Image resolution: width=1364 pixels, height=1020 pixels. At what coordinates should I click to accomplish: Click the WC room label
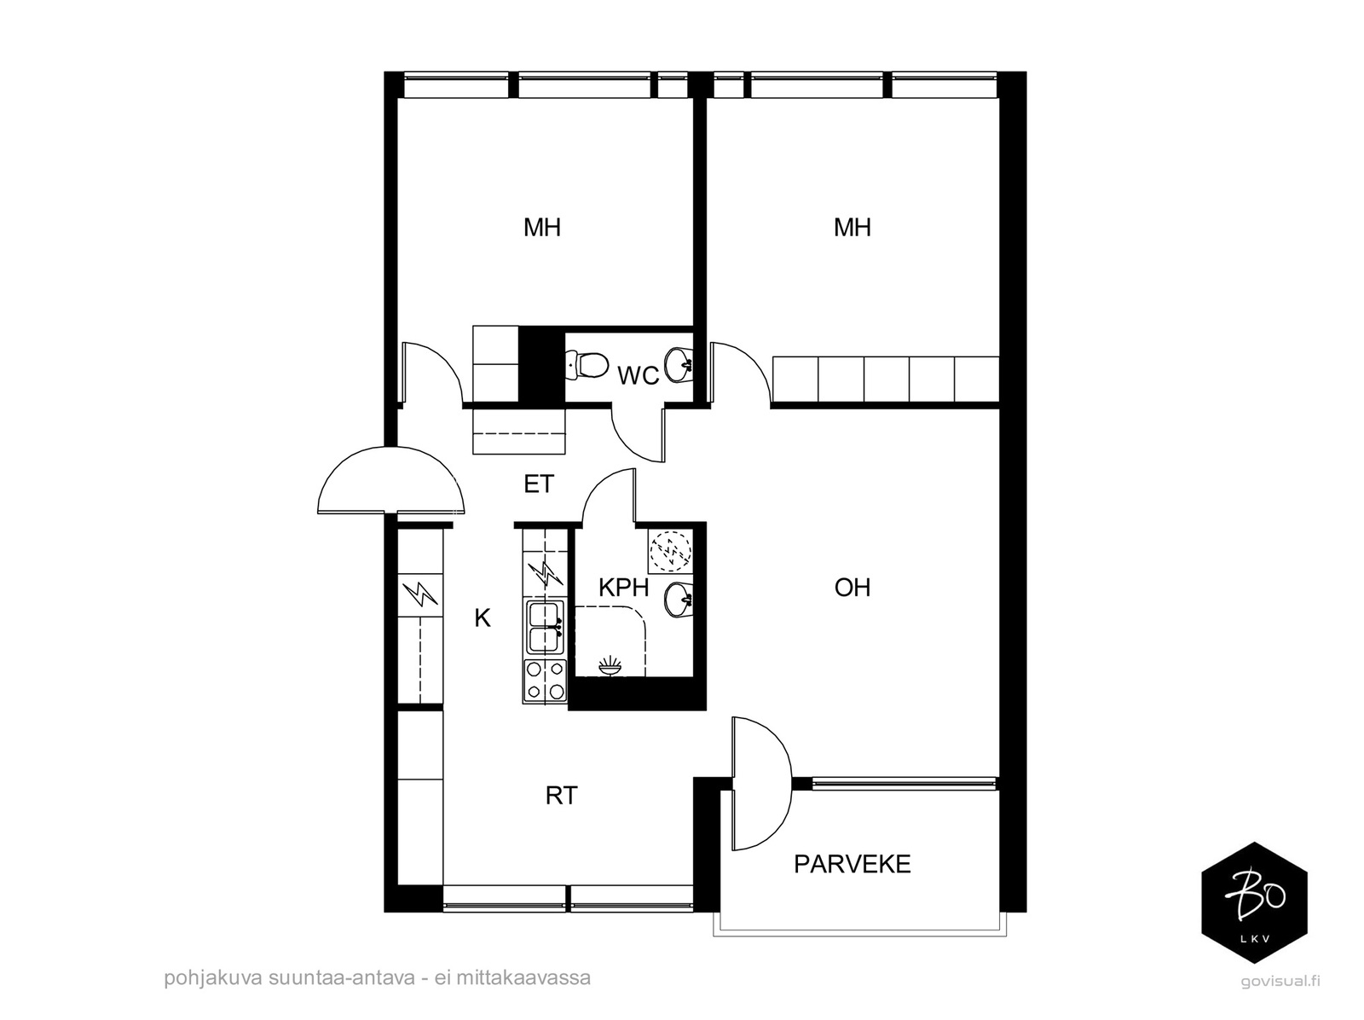pyautogui.click(x=638, y=376)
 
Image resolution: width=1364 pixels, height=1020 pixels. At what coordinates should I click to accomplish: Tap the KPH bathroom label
pyautogui.click(x=623, y=588)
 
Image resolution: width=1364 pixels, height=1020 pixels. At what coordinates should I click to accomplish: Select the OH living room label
pyautogui.click(x=852, y=588)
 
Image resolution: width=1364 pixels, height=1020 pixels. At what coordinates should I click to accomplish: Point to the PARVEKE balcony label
pyautogui.click(x=852, y=864)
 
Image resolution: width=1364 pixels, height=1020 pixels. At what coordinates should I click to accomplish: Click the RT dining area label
pyautogui.click(x=562, y=796)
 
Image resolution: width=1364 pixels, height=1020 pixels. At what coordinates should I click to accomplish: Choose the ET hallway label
pyautogui.click(x=539, y=484)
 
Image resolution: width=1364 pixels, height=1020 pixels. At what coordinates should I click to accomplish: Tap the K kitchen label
pyautogui.click(x=483, y=617)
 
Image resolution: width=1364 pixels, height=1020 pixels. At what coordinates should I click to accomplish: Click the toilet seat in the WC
pyautogui.click(x=587, y=366)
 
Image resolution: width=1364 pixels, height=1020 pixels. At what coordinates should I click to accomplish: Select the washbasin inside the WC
pyautogui.click(x=679, y=365)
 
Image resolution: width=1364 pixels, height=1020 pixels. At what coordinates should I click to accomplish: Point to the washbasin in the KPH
pyautogui.click(x=679, y=600)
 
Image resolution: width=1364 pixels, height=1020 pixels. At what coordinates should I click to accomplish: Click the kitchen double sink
pyautogui.click(x=546, y=627)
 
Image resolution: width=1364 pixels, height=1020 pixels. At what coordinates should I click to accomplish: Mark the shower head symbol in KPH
pyautogui.click(x=610, y=666)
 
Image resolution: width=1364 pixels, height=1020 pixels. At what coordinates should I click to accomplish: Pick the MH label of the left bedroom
pyautogui.click(x=542, y=228)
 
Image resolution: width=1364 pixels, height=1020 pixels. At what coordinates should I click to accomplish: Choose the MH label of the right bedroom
pyautogui.click(x=852, y=228)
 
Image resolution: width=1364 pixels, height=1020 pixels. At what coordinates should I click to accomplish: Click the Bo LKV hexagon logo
pyautogui.click(x=1254, y=902)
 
